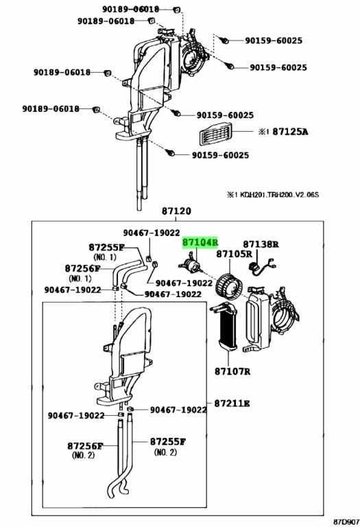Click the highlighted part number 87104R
200,242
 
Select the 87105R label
234,253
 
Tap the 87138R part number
261,244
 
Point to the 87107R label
232,371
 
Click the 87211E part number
232,403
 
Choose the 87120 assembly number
176,211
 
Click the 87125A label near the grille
290,131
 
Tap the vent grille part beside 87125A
215,132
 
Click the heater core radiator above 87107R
224,327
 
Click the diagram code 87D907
346,522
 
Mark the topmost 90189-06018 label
131,9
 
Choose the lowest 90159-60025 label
220,155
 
